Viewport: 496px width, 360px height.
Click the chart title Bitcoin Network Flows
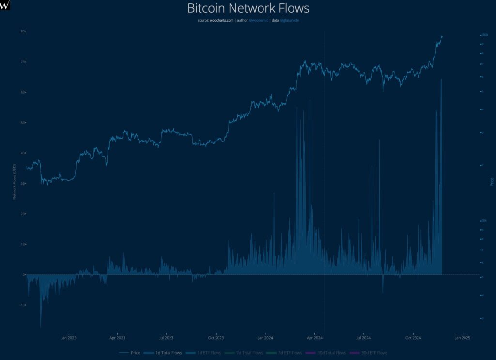click(248, 8)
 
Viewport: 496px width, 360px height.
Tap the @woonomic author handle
click(259, 20)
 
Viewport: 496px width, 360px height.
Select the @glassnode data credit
click(289, 20)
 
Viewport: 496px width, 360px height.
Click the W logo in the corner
click(5, 5)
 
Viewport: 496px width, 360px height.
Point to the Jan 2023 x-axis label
click(69, 338)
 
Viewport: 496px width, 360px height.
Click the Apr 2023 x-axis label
click(117, 338)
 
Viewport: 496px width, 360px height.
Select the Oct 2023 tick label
click(216, 338)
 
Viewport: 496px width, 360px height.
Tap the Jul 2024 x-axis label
click(363, 338)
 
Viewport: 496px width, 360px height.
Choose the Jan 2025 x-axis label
click(463, 338)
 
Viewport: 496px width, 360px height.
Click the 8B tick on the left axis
click(22, 31)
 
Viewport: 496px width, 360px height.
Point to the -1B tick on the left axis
click(22, 305)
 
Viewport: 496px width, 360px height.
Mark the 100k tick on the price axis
click(485, 35)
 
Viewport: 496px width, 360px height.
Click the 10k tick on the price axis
click(484, 220)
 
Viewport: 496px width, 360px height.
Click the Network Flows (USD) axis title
click(15, 182)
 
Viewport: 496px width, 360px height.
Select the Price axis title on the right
click(492, 182)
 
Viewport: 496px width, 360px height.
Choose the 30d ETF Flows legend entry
click(374, 353)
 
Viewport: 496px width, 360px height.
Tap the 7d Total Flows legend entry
click(249, 353)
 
